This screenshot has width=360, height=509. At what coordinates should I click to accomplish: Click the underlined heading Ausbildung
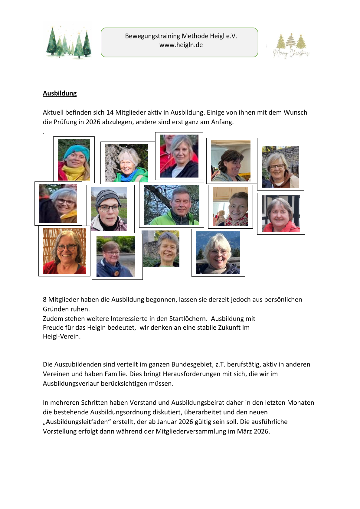click(60, 93)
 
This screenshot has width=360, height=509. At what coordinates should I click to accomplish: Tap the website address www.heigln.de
click(181, 45)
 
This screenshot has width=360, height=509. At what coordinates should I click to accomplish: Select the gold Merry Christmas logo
click(291, 46)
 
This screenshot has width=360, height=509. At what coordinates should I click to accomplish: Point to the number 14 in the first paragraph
click(110, 113)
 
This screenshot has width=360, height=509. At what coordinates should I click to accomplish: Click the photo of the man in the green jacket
click(172, 205)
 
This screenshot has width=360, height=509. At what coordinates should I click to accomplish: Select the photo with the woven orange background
click(64, 251)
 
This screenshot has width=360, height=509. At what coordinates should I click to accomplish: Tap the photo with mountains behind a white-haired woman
click(218, 253)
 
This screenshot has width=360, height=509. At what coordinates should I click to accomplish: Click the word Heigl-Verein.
click(62, 337)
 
